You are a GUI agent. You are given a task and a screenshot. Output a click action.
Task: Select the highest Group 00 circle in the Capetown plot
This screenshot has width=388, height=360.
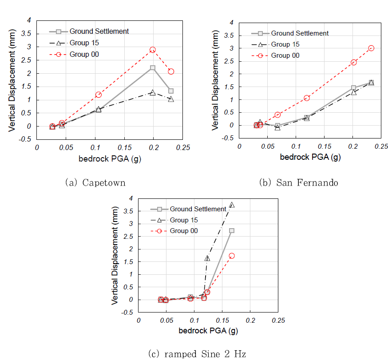click(153, 50)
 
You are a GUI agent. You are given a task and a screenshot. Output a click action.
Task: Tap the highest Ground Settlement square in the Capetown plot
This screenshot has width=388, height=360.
click(153, 67)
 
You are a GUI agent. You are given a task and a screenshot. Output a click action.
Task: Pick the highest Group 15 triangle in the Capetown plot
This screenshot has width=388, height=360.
click(153, 92)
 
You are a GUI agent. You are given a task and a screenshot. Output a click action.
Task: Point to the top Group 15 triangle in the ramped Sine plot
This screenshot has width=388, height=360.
click(232, 205)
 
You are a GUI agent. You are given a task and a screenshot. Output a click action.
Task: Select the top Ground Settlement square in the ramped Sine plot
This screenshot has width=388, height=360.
click(232, 231)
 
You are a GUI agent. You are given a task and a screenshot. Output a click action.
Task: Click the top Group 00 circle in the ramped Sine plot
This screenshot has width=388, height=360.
click(232, 256)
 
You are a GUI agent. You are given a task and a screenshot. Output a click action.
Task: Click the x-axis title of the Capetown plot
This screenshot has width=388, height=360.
click(111, 159)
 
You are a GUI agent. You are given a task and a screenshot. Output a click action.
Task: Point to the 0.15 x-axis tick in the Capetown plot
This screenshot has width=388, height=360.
click(124, 147)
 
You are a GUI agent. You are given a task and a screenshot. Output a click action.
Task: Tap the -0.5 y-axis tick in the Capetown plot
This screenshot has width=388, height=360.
click(27, 139)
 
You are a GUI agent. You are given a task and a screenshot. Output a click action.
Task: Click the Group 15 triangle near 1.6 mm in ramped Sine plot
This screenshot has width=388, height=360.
click(207, 258)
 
